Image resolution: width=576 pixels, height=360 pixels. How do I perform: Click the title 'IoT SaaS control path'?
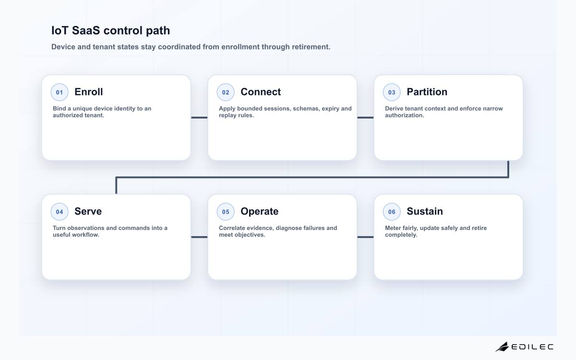point(110,30)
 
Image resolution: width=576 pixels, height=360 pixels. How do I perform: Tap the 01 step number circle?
point(60,92)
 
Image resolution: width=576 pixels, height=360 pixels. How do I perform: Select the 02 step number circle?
point(226,92)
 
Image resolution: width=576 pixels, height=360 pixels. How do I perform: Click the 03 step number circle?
point(392,92)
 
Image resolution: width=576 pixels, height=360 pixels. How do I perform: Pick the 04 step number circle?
point(60,212)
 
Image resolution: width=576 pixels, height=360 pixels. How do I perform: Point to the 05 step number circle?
point(226,212)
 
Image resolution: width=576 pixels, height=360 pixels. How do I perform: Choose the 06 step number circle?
point(392,212)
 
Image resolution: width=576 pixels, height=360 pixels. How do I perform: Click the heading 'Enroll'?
point(88,92)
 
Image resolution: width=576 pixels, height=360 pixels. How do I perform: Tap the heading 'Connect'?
point(261,92)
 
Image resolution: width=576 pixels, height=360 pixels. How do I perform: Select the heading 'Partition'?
point(427,92)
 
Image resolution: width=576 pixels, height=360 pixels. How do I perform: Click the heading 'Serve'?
point(88,211)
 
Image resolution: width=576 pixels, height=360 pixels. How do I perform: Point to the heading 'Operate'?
point(260,211)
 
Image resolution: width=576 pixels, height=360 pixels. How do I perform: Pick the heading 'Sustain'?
point(425,211)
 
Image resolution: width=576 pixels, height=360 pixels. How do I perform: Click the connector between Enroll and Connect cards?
point(199,118)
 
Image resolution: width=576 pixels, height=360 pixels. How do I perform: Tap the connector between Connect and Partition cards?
point(365,118)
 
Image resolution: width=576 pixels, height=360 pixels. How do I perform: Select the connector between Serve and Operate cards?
point(199,237)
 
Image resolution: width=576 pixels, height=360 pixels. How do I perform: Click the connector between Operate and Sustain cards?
point(365,237)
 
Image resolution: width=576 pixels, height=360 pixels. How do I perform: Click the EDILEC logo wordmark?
point(532,347)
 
